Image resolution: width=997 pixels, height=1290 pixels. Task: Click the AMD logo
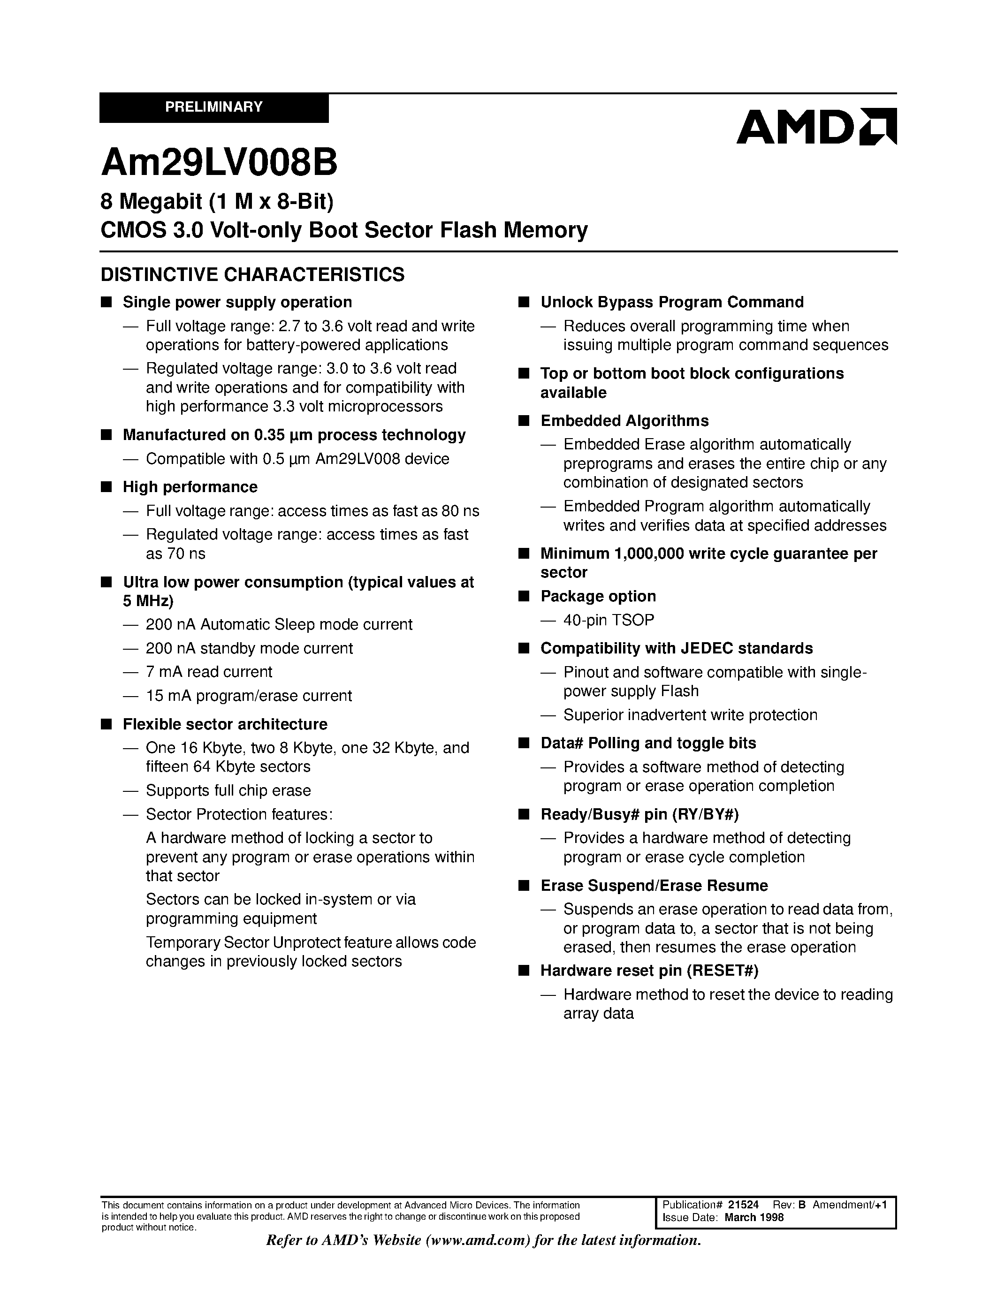click(816, 126)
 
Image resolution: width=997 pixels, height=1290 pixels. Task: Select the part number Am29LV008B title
click(219, 163)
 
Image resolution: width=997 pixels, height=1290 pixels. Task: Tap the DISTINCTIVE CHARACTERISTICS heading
click(253, 275)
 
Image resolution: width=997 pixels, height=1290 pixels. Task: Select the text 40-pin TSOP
click(609, 620)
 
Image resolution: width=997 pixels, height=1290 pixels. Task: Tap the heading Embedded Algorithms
click(624, 421)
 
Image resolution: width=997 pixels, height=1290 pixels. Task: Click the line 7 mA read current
click(209, 672)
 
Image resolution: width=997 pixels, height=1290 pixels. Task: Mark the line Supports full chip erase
click(228, 790)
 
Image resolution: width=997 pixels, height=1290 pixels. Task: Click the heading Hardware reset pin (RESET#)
click(649, 971)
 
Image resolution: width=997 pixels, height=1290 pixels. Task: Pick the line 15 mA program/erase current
click(249, 696)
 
